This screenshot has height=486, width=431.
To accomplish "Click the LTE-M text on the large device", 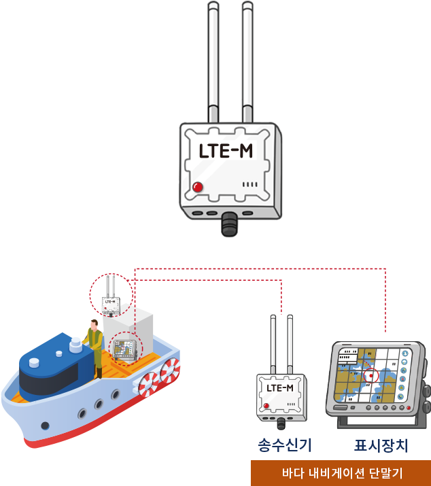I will (226, 151).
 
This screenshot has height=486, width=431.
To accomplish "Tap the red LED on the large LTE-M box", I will (198, 187).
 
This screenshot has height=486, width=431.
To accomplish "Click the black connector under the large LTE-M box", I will (230, 223).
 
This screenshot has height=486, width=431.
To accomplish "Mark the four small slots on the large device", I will (251, 184).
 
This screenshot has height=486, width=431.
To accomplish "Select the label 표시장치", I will (381, 446).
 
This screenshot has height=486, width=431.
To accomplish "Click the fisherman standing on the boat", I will (94, 347).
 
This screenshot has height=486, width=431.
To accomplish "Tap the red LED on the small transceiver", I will (266, 406).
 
